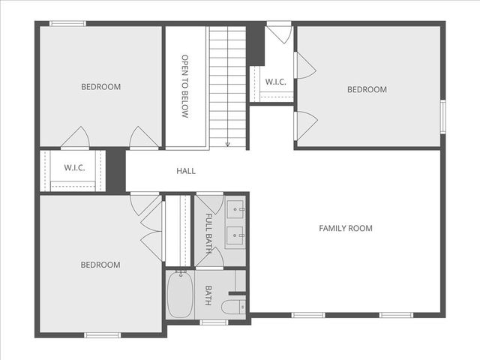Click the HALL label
(x=186, y=171)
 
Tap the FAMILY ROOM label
(x=346, y=228)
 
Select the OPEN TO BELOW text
(x=184, y=86)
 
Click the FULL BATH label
(x=208, y=232)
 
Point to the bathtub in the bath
(x=180, y=295)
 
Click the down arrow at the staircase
(x=227, y=142)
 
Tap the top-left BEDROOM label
(x=100, y=87)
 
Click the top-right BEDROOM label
(x=367, y=90)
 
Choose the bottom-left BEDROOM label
(x=100, y=265)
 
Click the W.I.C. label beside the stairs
(x=275, y=81)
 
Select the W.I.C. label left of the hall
(x=74, y=167)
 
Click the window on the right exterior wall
(x=443, y=116)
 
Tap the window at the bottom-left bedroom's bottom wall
(x=102, y=334)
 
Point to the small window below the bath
(x=214, y=322)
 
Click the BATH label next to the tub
(x=208, y=295)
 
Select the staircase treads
(x=227, y=82)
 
